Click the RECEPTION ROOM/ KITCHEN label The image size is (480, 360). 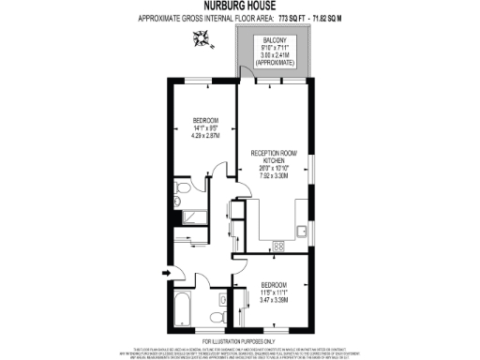[274, 155]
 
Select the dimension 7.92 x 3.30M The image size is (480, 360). [274, 175]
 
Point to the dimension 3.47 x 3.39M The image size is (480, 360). [274, 299]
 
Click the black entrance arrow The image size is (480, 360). [167, 274]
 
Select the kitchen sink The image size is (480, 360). [301, 231]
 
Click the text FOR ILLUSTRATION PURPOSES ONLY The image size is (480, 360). [239, 340]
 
